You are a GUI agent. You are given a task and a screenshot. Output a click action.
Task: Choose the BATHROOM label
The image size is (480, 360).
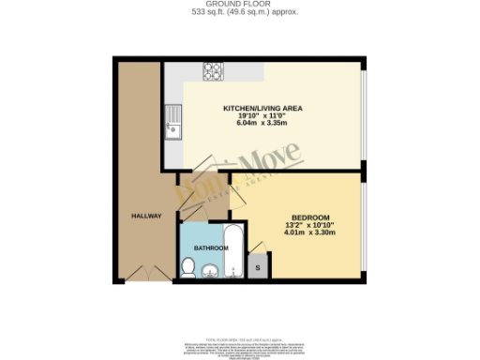point(211,247)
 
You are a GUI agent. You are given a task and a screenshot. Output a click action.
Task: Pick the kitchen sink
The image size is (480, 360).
point(173,124)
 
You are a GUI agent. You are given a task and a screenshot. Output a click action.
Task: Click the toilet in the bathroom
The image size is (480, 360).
point(187,270)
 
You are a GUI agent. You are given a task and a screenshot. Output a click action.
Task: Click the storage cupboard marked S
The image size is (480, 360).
point(259,268)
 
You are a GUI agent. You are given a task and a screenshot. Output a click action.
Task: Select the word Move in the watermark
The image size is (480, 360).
point(271,165)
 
